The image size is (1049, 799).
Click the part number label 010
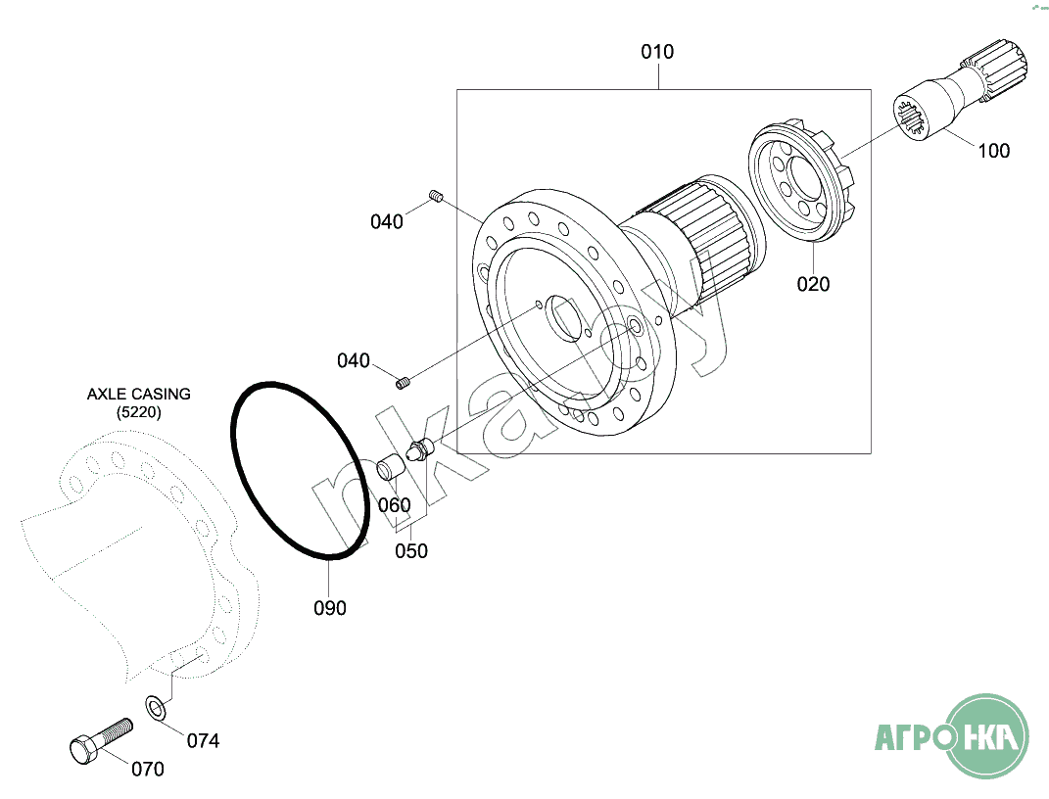click(x=657, y=52)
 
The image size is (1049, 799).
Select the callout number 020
click(x=813, y=284)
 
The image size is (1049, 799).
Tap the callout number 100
click(x=993, y=151)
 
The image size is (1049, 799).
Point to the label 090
click(x=330, y=608)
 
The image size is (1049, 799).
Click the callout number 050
click(x=410, y=551)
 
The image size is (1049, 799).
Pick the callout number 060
click(x=394, y=505)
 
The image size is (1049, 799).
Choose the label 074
click(x=203, y=741)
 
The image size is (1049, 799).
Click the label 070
click(x=147, y=769)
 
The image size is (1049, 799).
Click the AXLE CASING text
click(x=138, y=394)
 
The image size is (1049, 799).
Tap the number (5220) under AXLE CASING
click(x=138, y=412)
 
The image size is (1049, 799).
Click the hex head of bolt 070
click(x=84, y=749)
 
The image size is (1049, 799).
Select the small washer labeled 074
click(x=156, y=707)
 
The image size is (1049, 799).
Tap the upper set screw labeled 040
click(x=436, y=196)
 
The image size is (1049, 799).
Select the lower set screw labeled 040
click(x=403, y=383)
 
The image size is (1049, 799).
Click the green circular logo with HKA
click(x=987, y=736)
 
